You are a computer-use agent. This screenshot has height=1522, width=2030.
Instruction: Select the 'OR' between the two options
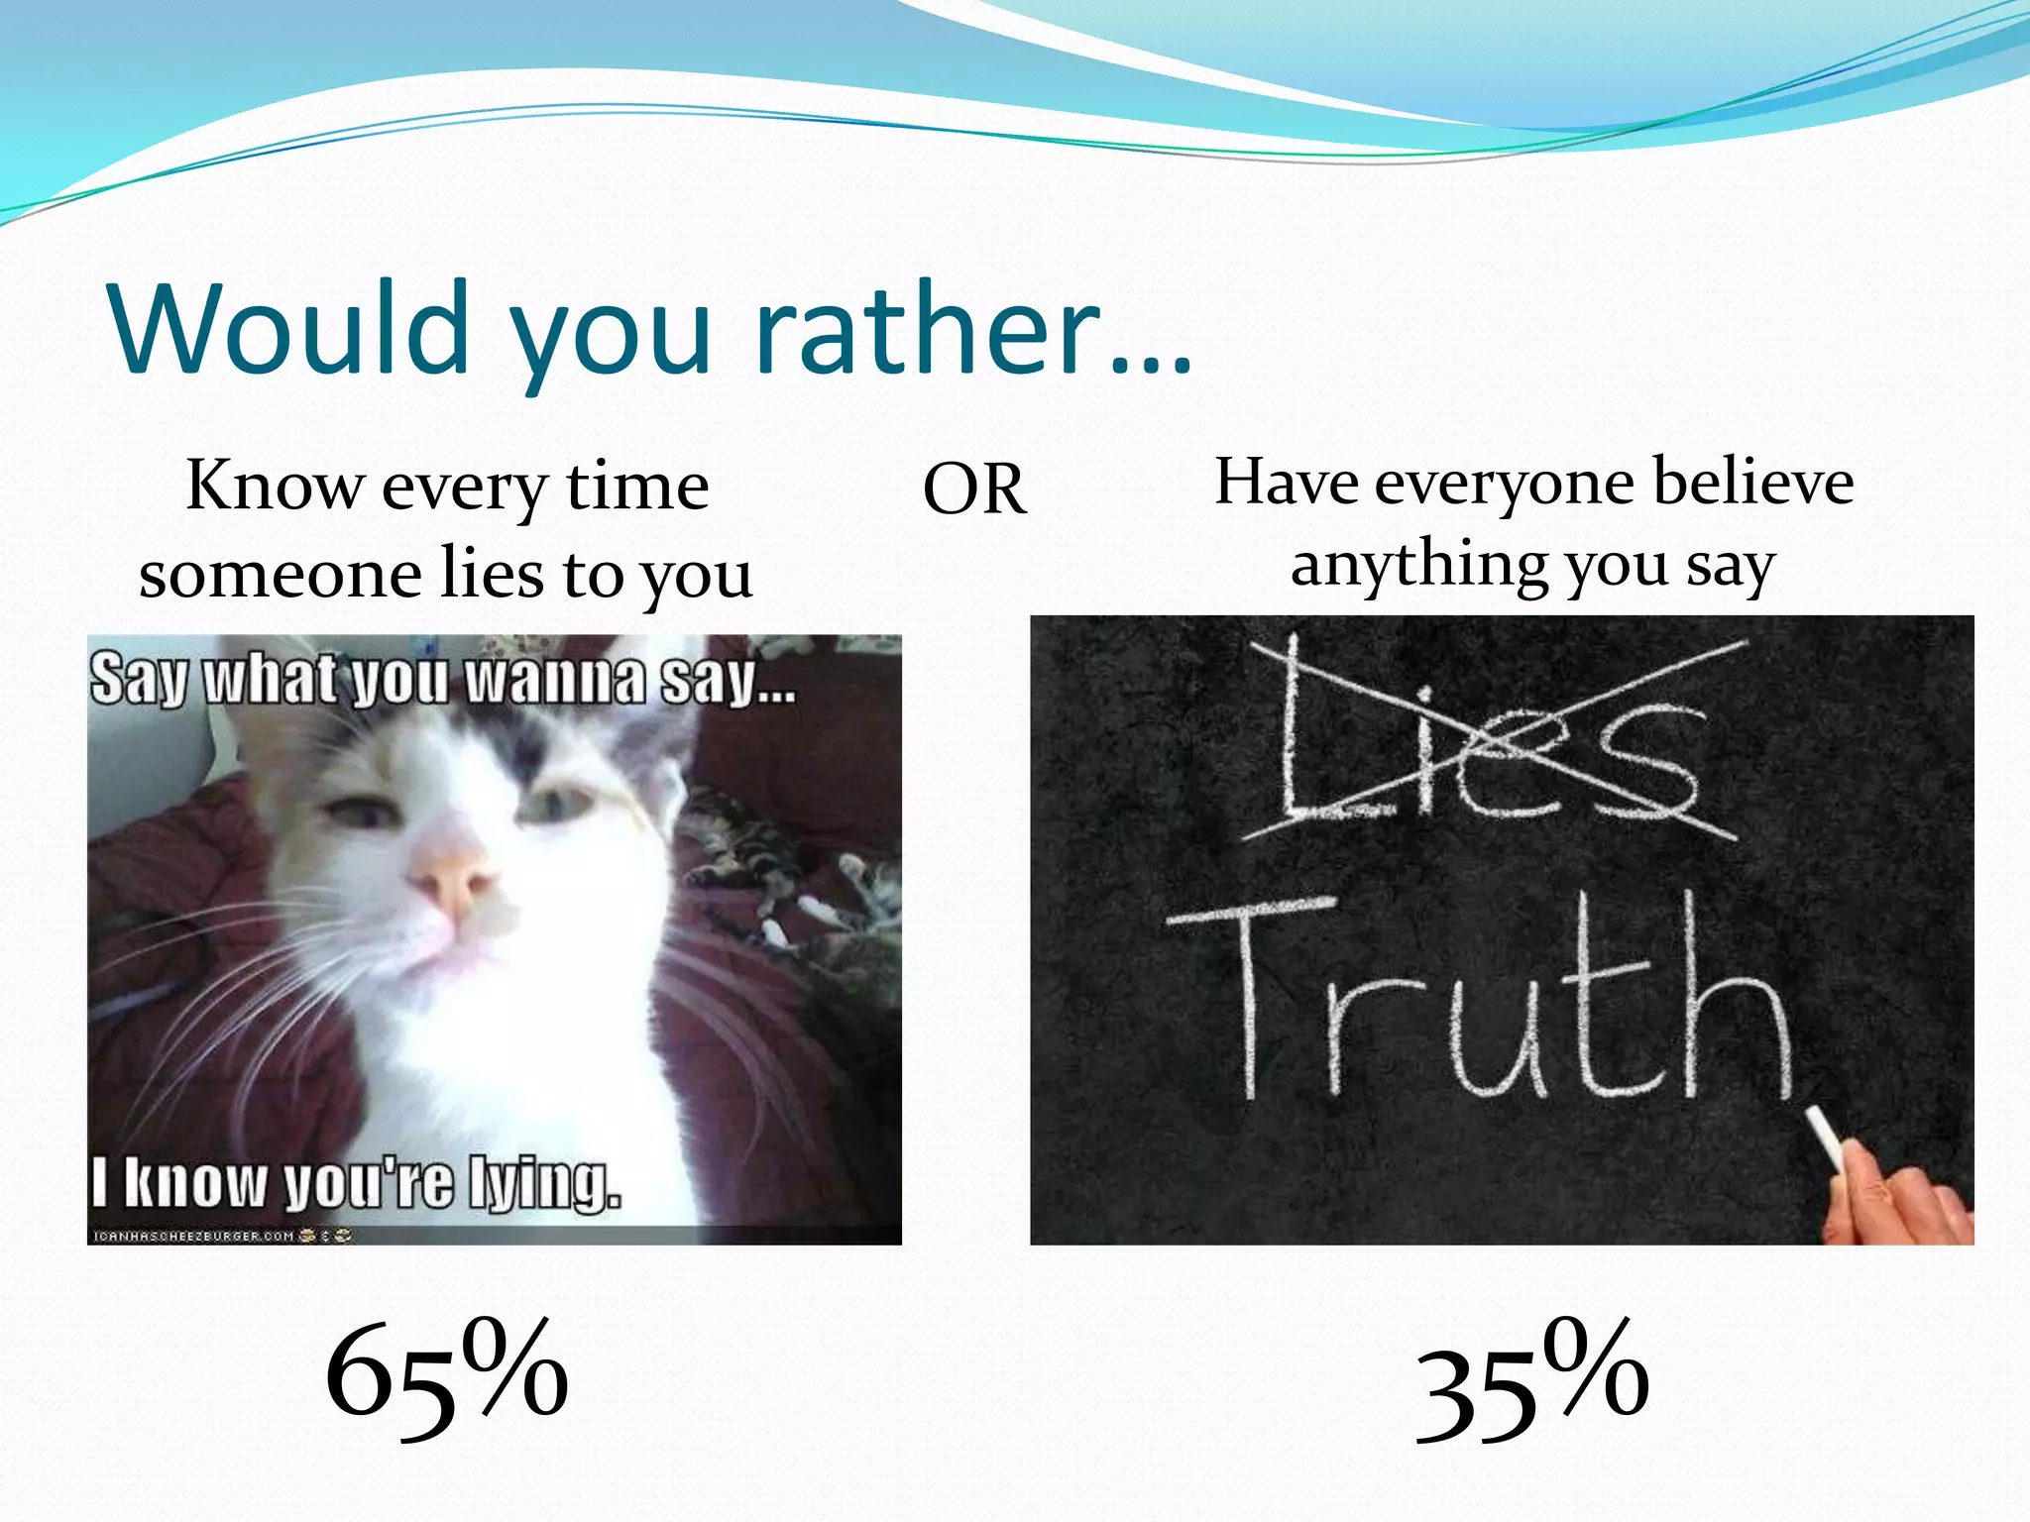click(974, 489)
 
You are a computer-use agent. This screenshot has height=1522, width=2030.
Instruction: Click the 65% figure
click(446, 1377)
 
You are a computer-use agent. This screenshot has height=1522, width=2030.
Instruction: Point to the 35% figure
click(1531, 1381)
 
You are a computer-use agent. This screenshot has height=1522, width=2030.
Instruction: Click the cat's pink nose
click(456, 877)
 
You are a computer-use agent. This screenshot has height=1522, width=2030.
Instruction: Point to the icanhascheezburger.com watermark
click(193, 1236)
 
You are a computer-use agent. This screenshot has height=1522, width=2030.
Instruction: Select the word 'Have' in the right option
click(1286, 483)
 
